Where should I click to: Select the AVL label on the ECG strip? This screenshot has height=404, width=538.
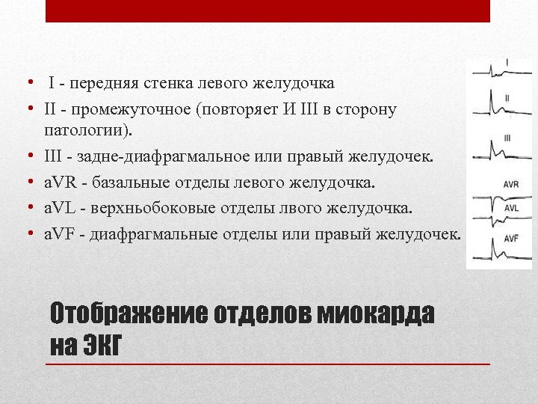[511, 209]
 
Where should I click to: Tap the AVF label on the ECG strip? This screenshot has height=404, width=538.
[510, 238]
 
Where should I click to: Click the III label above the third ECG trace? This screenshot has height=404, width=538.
[507, 138]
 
